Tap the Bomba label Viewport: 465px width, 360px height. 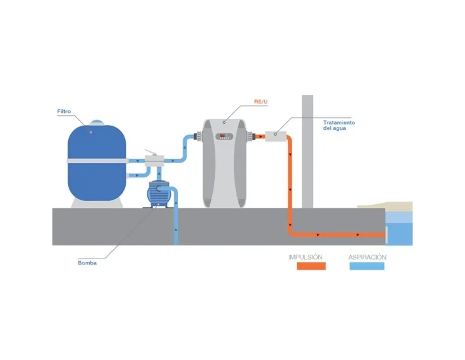(86, 263)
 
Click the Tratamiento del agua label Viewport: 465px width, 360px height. (339, 125)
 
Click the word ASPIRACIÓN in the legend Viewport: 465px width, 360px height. (367, 257)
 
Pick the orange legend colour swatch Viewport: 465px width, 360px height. (310, 266)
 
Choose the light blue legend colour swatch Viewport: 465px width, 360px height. (367, 266)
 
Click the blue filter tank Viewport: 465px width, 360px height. (97, 180)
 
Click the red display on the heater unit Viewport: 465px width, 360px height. (224, 137)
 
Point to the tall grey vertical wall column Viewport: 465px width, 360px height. (308, 151)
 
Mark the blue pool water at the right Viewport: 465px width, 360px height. (400, 233)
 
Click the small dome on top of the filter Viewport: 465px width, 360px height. (97, 123)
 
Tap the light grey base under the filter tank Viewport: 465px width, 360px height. (97, 204)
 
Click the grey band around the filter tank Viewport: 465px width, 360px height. (97, 160)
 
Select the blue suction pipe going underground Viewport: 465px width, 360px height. (176, 226)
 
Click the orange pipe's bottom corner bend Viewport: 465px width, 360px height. (291, 233)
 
